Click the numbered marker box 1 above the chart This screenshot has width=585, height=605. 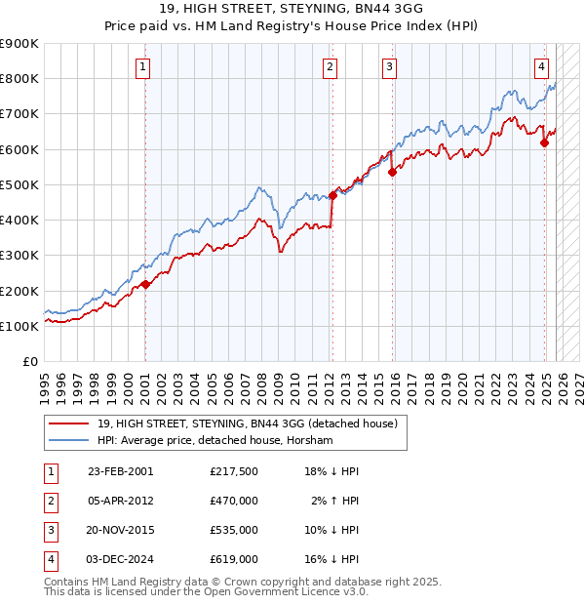143,66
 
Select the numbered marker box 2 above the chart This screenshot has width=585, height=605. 331,66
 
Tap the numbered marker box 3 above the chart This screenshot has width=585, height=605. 389,66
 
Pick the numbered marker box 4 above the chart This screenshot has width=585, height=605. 541,66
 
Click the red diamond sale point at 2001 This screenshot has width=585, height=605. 145,284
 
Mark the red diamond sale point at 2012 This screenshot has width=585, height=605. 332,195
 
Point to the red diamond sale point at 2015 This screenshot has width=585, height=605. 392,172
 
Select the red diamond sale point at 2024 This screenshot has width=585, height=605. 544,142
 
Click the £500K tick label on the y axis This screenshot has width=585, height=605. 20,184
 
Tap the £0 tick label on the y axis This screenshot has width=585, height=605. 29,361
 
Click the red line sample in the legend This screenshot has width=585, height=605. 68,424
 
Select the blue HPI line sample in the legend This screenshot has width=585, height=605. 68,441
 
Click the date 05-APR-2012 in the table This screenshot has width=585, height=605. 120,501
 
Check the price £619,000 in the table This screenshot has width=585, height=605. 234,559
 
